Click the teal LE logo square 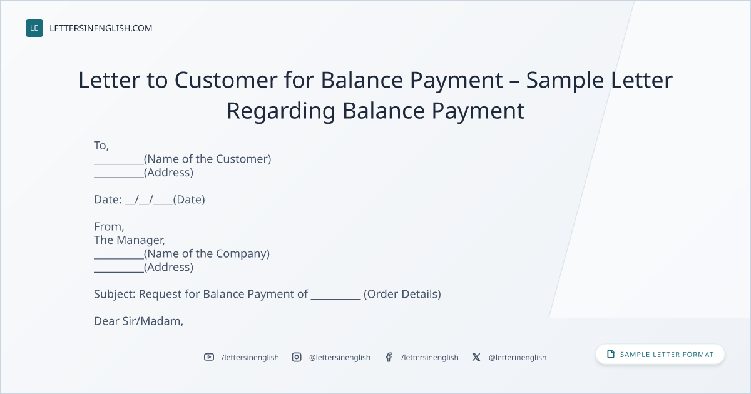(x=34, y=28)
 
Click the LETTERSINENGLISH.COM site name (x=101, y=28)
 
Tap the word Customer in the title (x=226, y=80)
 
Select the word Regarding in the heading (x=281, y=111)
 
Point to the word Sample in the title (x=565, y=81)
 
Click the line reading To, (x=101, y=146)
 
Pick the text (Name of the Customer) (x=208, y=159)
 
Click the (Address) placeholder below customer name (x=168, y=173)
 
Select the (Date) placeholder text (x=189, y=200)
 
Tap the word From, (x=109, y=227)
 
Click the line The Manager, (x=130, y=240)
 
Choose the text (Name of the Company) (x=207, y=254)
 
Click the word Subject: (x=115, y=294)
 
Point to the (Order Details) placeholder (x=402, y=294)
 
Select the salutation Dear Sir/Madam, (x=138, y=321)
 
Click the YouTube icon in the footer (x=209, y=357)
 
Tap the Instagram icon (x=297, y=357)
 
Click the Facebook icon (x=389, y=357)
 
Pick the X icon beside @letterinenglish (x=476, y=357)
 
